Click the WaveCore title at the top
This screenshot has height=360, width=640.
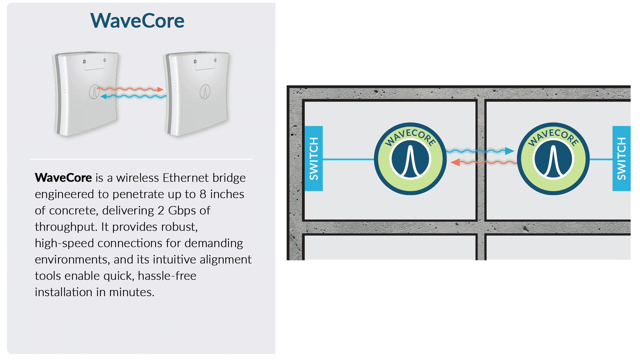[137, 21]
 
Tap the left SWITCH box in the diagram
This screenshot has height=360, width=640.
[314, 158]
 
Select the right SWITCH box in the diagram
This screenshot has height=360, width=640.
[621, 158]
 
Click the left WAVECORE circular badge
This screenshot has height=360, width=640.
[410, 159]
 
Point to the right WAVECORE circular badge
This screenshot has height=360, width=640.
[553, 159]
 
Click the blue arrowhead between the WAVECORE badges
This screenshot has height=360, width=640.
[509, 151]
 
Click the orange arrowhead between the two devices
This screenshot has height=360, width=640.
[160, 89]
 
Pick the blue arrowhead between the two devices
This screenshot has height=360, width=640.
[104, 96]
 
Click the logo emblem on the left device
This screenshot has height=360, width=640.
[94, 91]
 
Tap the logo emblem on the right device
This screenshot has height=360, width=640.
[205, 92]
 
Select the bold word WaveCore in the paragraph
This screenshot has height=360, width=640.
[63, 178]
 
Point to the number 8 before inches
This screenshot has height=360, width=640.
[203, 194]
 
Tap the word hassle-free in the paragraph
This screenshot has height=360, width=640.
[167, 276]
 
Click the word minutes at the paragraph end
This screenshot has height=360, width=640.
[132, 292]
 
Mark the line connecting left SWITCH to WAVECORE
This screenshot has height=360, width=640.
[348, 159]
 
